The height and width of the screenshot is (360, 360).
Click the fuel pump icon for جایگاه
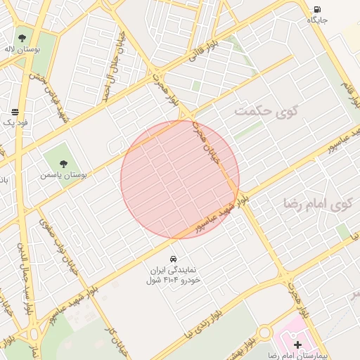pos(317,9)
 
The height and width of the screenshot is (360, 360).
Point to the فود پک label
pos(15,123)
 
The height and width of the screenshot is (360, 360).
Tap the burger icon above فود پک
pos(15,111)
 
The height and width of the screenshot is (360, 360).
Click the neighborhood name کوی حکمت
pos(266,110)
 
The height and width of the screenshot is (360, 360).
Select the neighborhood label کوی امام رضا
pos(316,204)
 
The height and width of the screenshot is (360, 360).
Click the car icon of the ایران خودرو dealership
pos(174,258)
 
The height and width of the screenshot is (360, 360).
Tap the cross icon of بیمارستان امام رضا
pos(297,345)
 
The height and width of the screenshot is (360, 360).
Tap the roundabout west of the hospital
pos(264,333)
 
